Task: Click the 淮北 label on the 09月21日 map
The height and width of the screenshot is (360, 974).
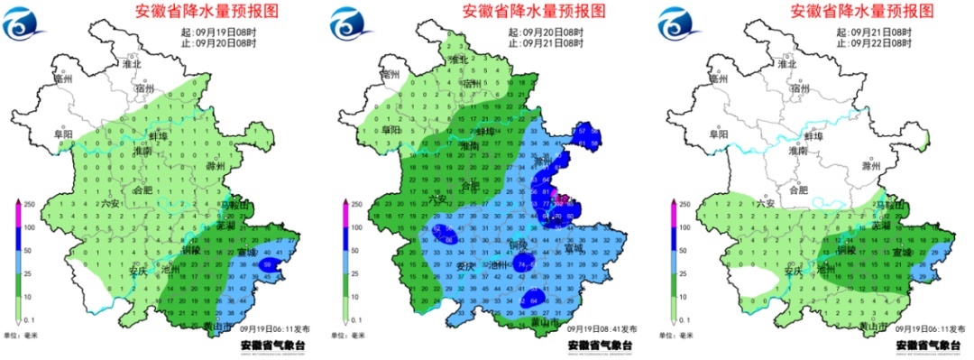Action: pos(787,64)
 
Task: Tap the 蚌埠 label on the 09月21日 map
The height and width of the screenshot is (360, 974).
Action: pos(813,136)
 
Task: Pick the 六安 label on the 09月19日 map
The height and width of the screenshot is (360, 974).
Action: pos(110,204)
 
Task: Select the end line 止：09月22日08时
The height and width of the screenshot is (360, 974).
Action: pos(874,42)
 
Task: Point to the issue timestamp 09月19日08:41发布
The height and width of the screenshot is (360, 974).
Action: pos(602,329)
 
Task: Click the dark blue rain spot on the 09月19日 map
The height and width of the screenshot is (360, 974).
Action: pos(271,265)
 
